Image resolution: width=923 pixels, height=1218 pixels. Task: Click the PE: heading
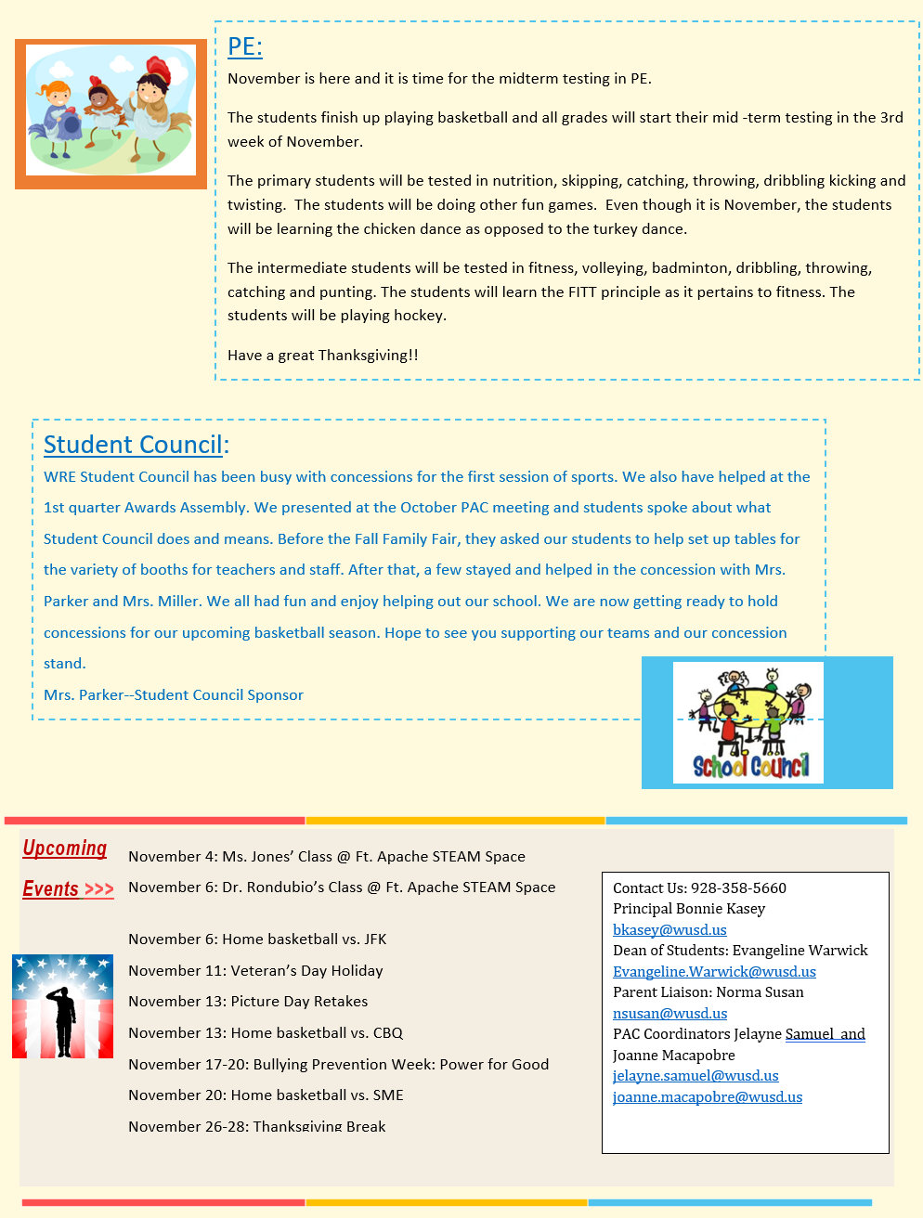(245, 46)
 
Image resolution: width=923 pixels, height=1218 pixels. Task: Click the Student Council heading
(134, 445)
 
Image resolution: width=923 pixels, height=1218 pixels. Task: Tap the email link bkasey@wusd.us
(669, 929)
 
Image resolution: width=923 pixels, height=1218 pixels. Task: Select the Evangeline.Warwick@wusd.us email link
(714, 971)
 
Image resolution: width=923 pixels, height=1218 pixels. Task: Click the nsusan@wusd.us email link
(669, 1013)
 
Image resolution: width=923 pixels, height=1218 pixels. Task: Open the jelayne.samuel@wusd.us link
(695, 1075)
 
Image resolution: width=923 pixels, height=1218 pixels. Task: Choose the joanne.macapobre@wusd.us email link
(708, 1096)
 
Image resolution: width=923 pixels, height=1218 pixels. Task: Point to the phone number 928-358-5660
(738, 888)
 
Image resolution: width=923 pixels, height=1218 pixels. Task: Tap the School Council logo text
(750, 766)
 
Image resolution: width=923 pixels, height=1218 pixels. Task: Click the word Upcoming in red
(65, 848)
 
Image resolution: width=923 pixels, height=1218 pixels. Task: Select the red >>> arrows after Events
(99, 889)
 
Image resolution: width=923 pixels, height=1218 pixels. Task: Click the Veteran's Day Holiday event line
(255, 970)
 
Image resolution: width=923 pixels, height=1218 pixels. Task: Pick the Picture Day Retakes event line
(248, 1001)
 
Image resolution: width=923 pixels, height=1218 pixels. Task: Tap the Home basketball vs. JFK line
(257, 939)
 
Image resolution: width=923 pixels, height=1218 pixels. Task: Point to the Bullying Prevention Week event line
(338, 1064)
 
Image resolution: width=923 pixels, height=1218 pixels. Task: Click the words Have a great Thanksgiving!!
(322, 355)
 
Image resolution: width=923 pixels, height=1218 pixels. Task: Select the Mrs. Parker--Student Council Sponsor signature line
(174, 694)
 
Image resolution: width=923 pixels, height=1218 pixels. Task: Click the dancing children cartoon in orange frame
(110, 112)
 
